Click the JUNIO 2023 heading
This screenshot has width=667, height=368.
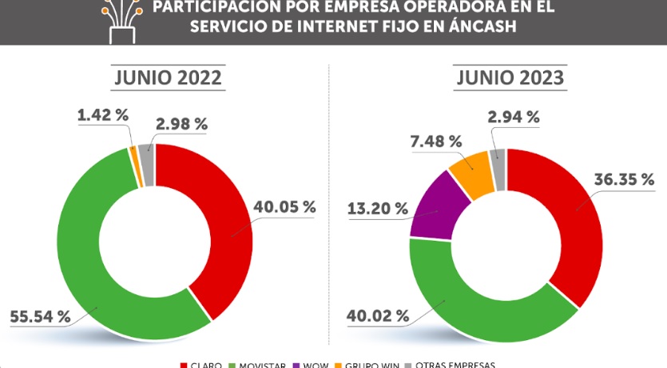click(510, 78)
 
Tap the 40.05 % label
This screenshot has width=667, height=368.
click(284, 206)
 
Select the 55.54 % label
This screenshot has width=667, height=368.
click(40, 316)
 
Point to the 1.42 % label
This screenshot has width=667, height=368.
click(103, 115)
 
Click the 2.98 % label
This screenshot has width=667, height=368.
click(182, 123)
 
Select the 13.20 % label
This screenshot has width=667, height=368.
click(379, 208)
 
